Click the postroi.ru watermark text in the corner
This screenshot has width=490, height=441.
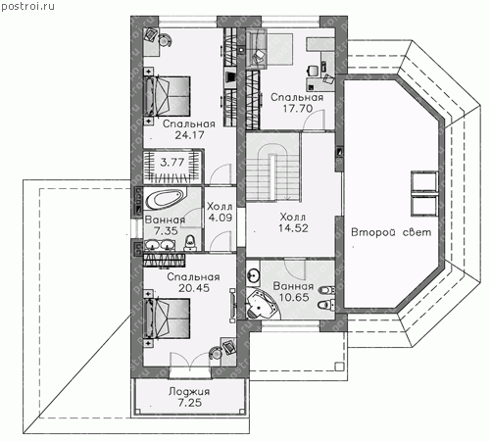point(27,6)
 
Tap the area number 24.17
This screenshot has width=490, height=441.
point(189,135)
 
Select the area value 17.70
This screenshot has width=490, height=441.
point(297,108)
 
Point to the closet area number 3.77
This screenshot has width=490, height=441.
point(172,162)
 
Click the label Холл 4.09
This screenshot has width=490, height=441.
point(220,212)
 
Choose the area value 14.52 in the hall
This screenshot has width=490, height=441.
point(293,228)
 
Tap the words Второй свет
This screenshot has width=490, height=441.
point(391,232)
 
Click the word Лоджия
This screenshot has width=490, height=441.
point(189,391)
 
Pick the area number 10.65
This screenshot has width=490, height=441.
point(294,297)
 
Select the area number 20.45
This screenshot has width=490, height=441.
point(194,288)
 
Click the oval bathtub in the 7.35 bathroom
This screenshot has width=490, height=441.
point(165,199)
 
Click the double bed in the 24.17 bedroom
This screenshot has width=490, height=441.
point(168,97)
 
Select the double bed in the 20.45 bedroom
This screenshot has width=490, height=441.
point(168,318)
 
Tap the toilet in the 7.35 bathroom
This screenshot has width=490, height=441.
point(190,242)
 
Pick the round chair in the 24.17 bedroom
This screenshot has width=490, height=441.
point(165,40)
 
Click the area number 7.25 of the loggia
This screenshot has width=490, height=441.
point(189,403)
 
